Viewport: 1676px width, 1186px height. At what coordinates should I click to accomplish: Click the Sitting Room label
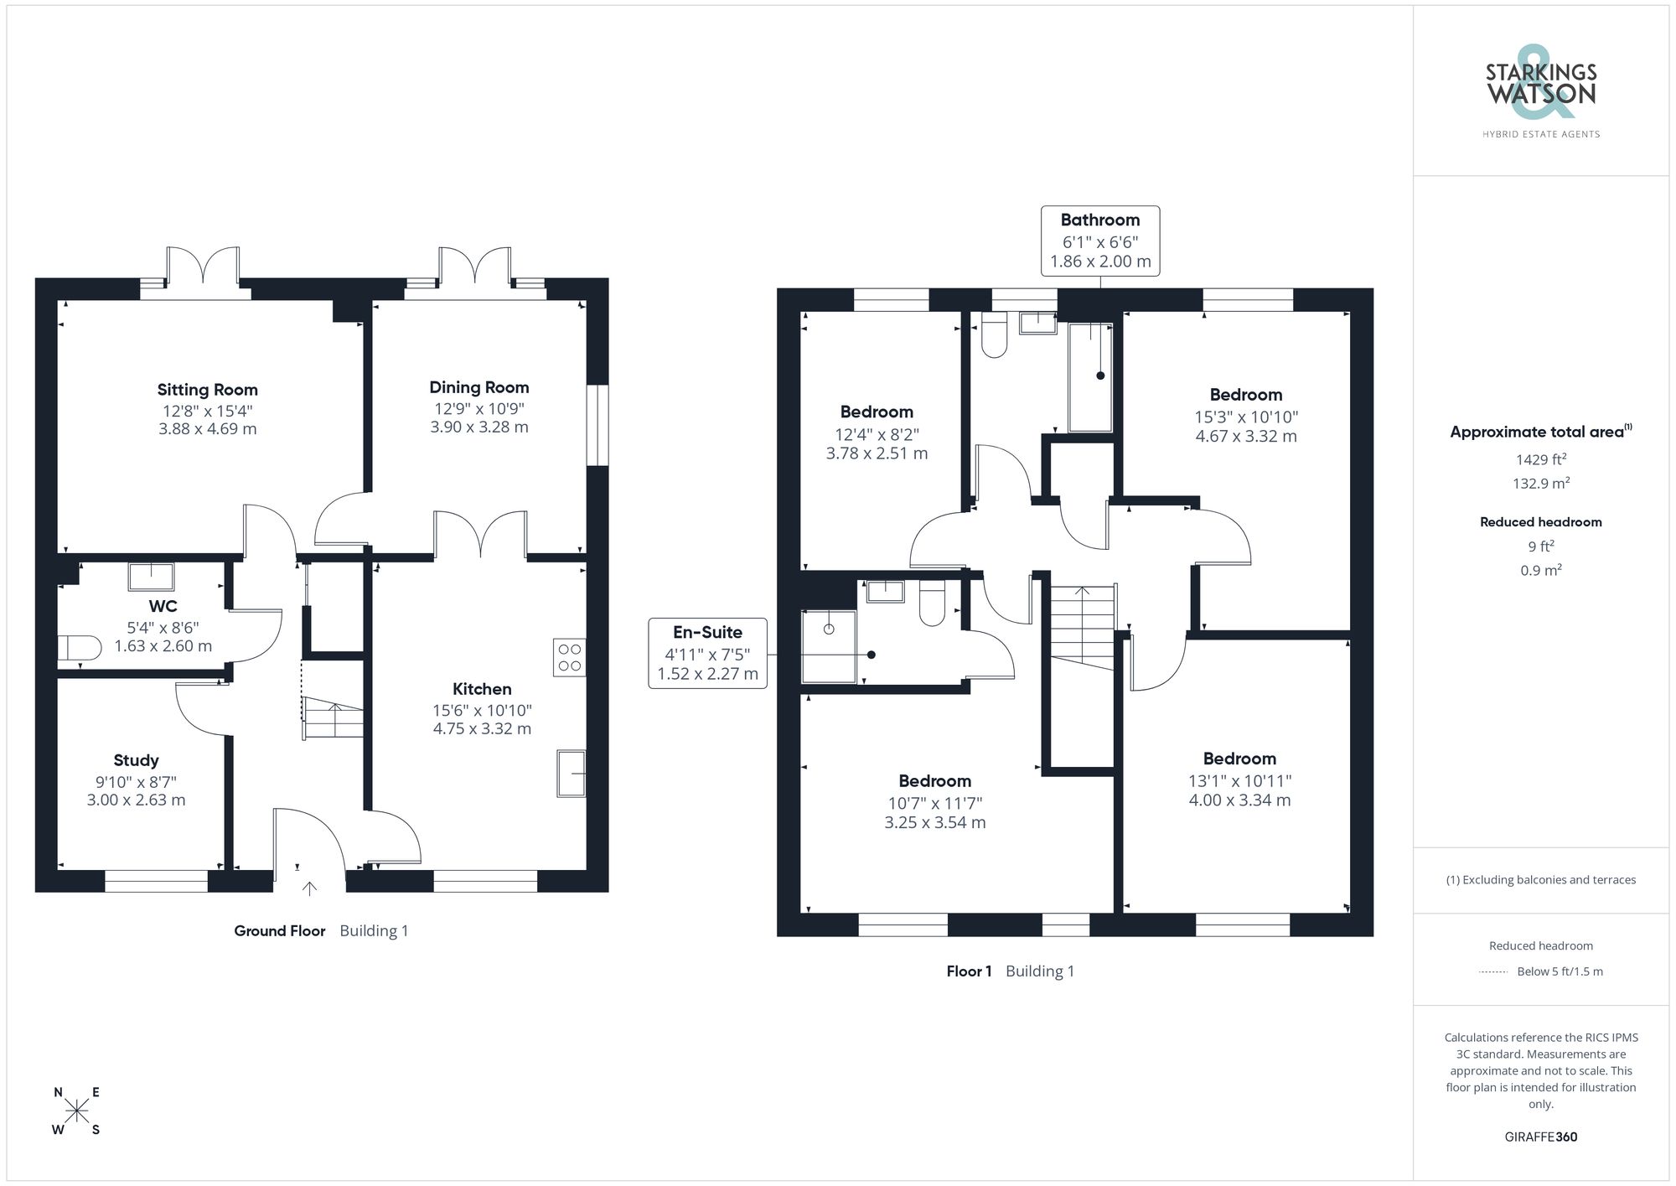(207, 390)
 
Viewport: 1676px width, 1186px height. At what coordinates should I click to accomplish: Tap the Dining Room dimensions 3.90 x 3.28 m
(478, 427)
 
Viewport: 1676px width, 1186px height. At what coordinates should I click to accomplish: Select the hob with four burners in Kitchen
(570, 657)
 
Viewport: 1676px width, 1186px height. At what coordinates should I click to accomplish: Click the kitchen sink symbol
(572, 773)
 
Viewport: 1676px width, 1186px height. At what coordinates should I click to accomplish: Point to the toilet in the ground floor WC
(78, 648)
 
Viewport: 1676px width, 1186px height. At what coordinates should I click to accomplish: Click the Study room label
(136, 760)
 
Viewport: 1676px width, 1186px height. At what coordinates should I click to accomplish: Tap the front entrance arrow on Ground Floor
(309, 888)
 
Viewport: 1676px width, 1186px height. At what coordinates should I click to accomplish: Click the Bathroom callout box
(1099, 241)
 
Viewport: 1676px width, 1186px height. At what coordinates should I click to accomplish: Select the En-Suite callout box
(707, 653)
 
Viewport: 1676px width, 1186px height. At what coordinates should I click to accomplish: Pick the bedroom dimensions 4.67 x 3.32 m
(1245, 436)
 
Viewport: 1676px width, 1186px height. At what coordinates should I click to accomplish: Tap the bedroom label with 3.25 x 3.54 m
(934, 822)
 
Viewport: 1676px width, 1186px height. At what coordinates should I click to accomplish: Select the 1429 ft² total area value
(1540, 459)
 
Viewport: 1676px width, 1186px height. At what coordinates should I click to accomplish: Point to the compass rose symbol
(76, 1111)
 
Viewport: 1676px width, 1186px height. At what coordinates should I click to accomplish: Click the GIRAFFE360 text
(1540, 1137)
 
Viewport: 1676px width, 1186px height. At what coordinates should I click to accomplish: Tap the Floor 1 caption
(969, 971)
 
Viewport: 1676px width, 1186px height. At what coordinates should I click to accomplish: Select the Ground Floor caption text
(279, 930)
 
